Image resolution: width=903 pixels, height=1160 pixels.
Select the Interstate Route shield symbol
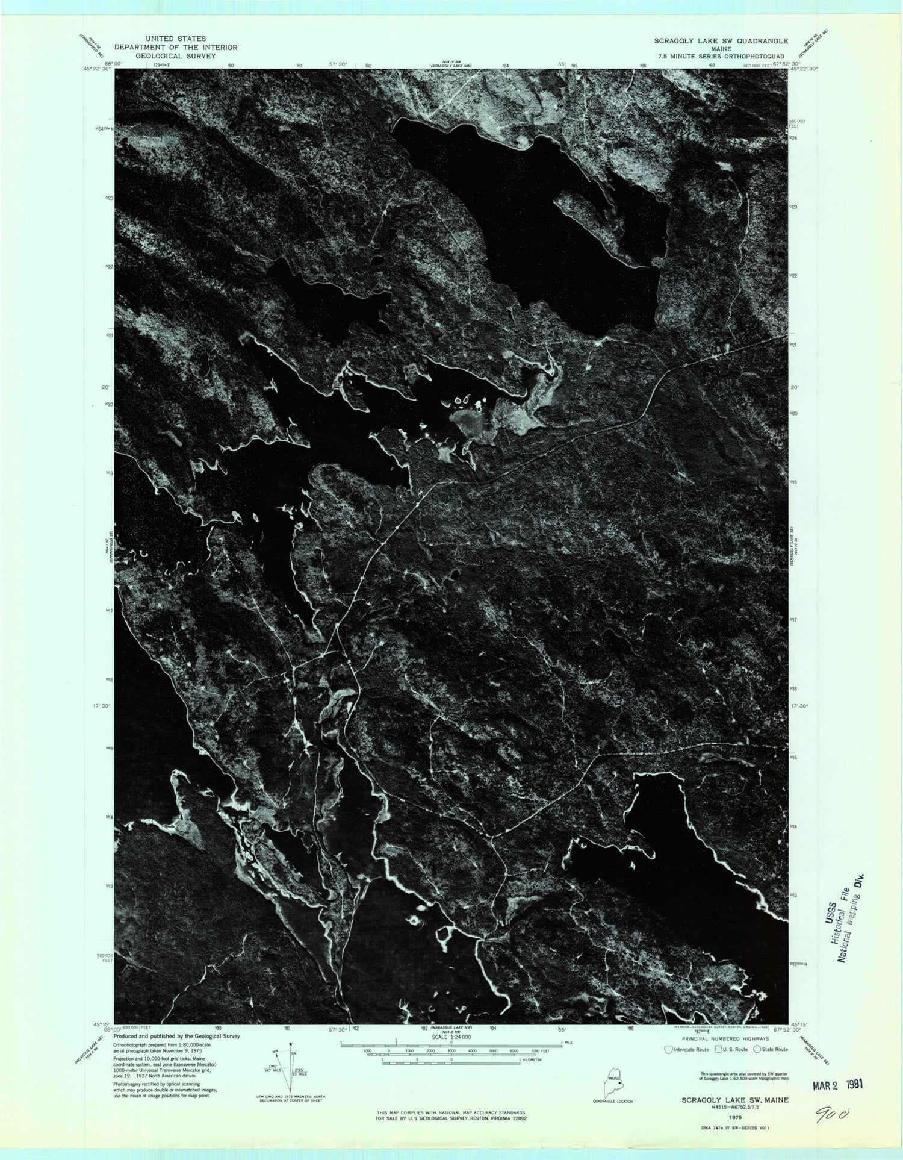668,1049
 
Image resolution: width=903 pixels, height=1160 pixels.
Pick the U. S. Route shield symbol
718,1049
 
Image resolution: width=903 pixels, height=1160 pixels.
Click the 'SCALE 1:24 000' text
451,1037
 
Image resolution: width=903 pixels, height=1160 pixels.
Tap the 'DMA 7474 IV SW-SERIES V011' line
727,1126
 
